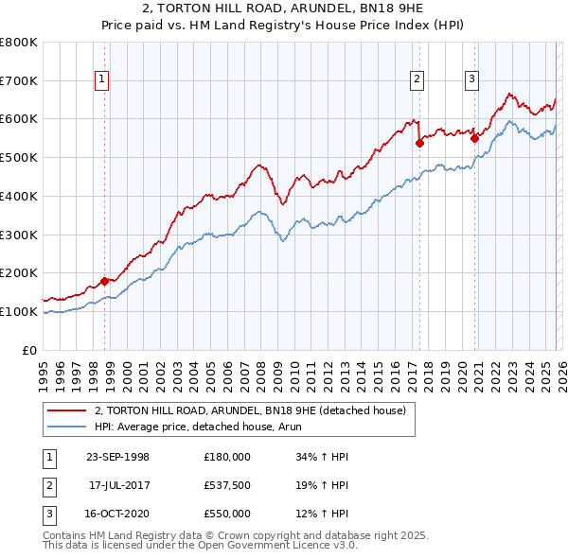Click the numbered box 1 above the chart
[101, 80]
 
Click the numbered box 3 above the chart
[471, 80]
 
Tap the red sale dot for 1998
[105, 280]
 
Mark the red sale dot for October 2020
[474, 138]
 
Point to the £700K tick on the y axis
[19, 81]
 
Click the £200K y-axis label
[19, 273]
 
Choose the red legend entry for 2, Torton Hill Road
[250, 410]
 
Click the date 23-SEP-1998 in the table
[117, 457]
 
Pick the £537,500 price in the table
[226, 485]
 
